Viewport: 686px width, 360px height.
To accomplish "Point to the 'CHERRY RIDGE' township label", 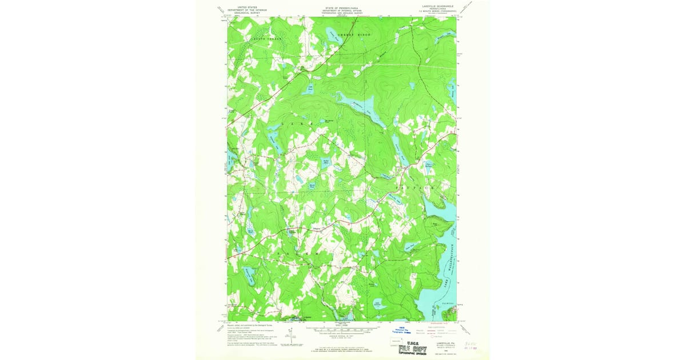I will coord(354,35).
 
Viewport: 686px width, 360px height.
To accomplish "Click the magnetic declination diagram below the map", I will coord(292,338).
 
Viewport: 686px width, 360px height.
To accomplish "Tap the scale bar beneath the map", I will coord(342,330).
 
